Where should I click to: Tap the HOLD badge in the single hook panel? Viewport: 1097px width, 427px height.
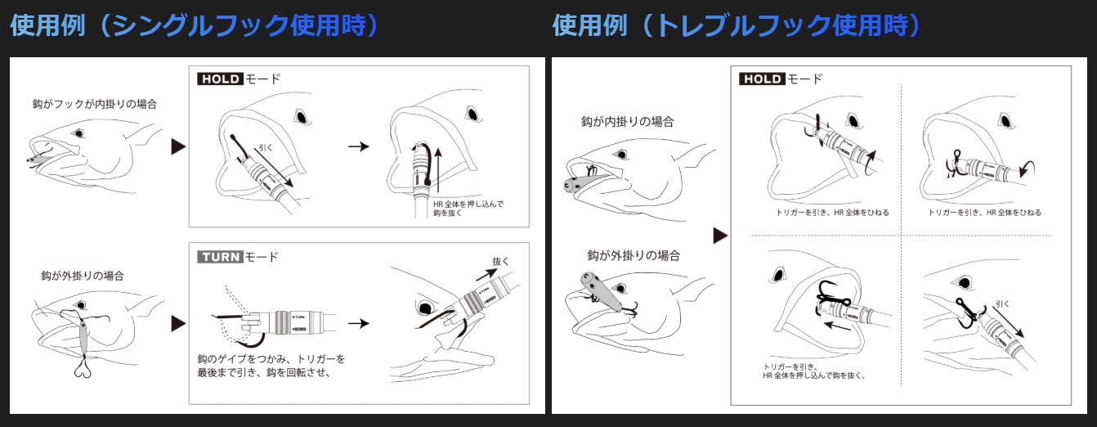(x=220, y=79)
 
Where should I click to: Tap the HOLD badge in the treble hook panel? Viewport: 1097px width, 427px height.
(x=761, y=79)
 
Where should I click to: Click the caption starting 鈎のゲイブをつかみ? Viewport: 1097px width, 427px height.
(x=271, y=366)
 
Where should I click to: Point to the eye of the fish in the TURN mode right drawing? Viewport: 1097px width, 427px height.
(x=425, y=308)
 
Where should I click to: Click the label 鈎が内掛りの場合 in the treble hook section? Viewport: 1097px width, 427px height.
(x=628, y=121)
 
